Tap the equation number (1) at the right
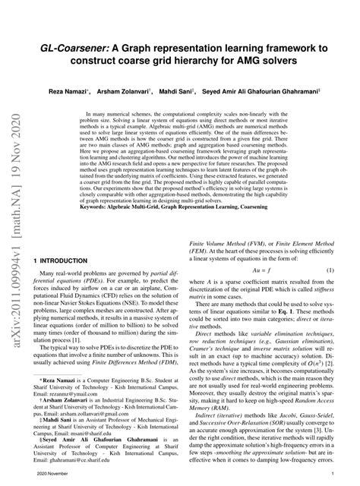tap(330, 270)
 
